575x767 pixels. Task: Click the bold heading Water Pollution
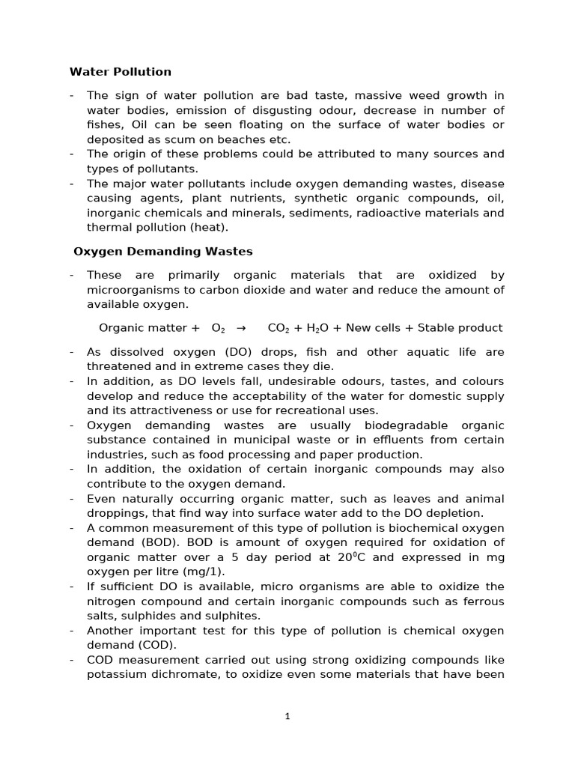[x=121, y=72]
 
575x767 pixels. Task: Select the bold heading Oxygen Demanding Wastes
[x=162, y=252]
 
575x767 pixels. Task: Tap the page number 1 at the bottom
[x=287, y=716]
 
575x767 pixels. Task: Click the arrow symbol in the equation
[x=241, y=328]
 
